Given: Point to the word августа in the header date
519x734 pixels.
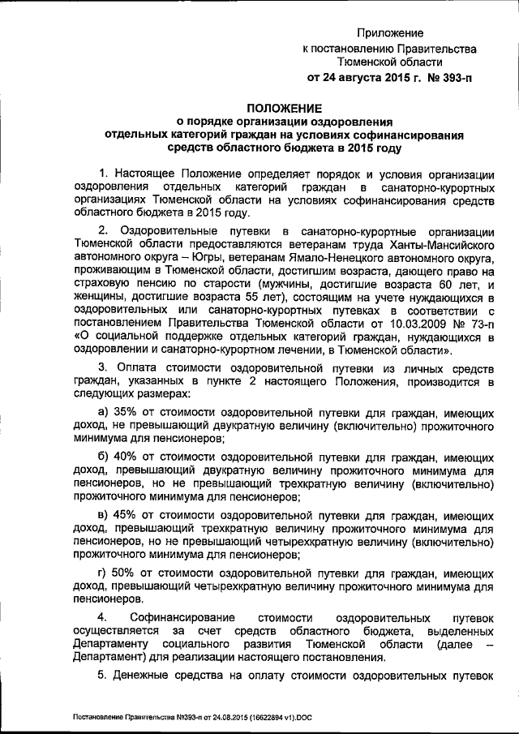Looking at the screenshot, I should point(361,79).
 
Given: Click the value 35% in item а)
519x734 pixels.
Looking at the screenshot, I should point(127,412).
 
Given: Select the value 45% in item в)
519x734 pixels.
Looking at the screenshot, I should point(127,516).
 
